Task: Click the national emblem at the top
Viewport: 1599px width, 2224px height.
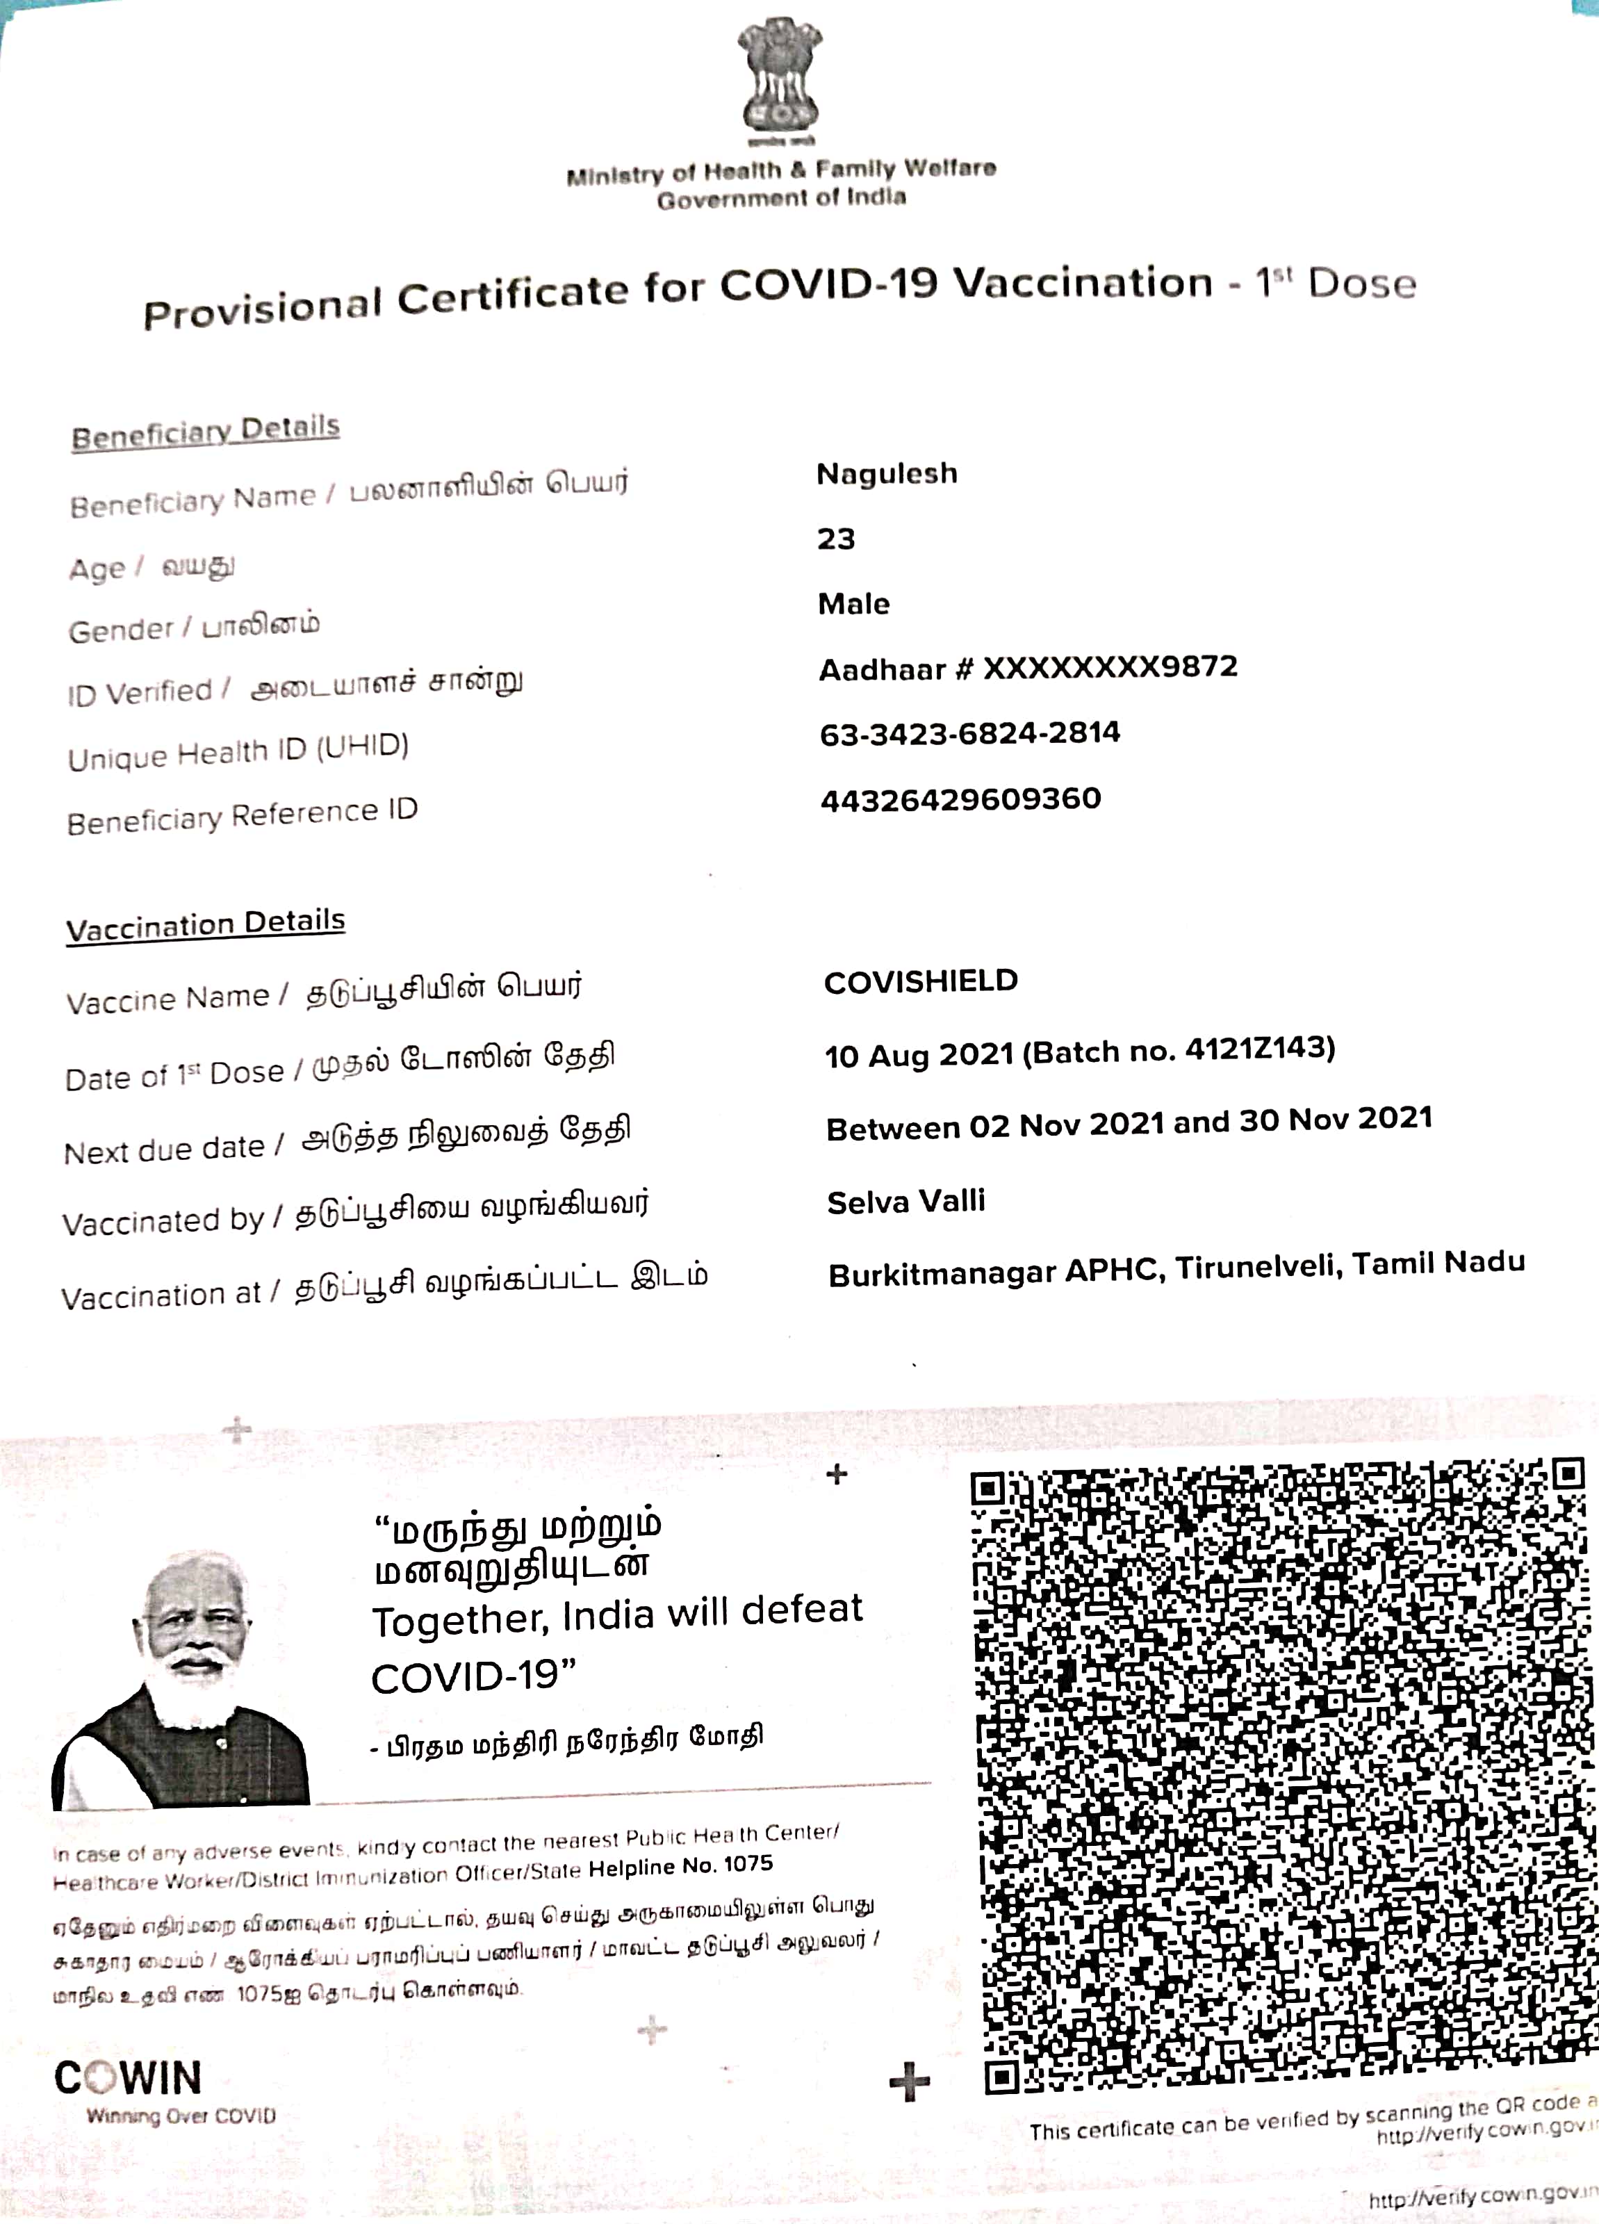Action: click(x=780, y=83)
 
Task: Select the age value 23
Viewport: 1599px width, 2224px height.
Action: click(x=836, y=539)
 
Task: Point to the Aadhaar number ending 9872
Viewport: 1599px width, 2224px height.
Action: click(x=1028, y=669)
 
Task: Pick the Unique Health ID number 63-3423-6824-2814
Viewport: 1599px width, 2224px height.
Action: click(x=969, y=733)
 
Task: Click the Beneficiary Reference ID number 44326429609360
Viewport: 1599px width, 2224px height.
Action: click(x=961, y=799)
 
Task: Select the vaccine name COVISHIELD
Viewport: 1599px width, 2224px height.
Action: click(x=921, y=981)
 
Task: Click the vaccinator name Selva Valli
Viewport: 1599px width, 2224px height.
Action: click(x=906, y=1201)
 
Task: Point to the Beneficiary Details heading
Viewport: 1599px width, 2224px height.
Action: click(x=206, y=432)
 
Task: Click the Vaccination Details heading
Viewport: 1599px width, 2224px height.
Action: click(x=206, y=925)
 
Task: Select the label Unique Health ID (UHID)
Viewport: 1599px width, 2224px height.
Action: click(x=238, y=752)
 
